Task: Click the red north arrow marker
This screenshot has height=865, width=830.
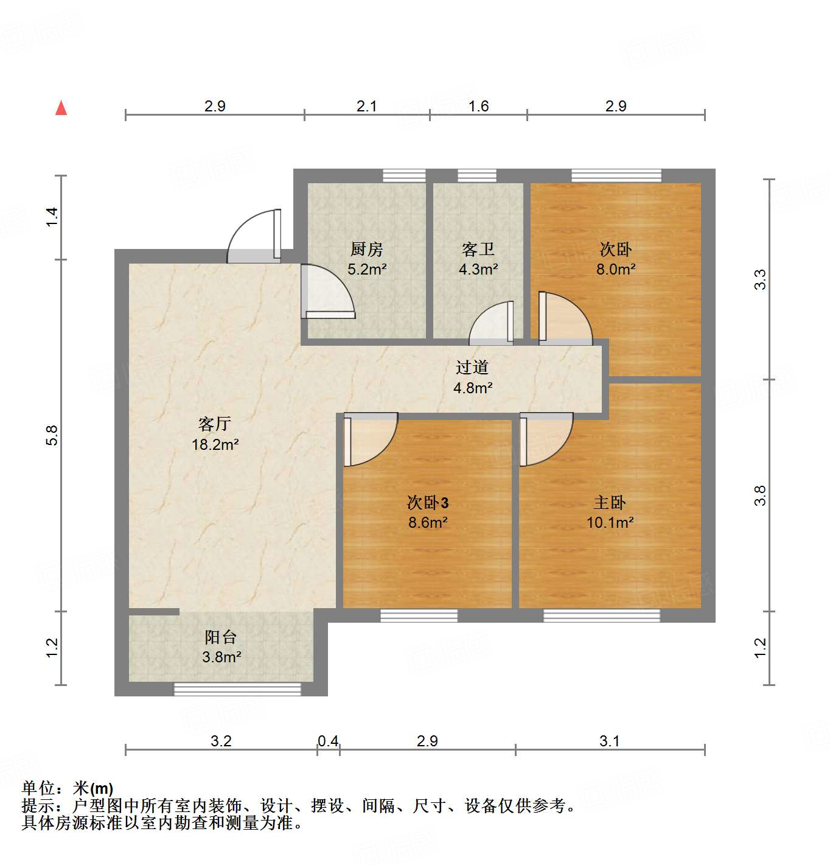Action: [61, 108]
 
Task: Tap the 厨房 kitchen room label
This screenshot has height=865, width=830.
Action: [366, 250]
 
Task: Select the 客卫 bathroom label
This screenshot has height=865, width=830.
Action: [478, 250]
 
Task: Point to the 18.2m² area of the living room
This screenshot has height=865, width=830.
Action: [215, 445]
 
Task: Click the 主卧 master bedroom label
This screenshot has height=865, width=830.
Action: [609, 503]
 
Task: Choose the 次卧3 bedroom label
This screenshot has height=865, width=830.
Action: [428, 503]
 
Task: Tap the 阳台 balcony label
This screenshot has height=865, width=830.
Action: [220, 637]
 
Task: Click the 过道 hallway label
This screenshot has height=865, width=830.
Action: [472, 368]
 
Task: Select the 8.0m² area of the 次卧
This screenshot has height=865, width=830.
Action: [616, 269]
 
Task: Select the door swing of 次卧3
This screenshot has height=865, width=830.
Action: [369, 438]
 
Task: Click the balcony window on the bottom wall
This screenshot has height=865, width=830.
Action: [237, 689]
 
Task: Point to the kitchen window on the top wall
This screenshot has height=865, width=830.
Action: [404, 176]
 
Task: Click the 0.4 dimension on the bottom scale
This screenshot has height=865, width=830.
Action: [328, 741]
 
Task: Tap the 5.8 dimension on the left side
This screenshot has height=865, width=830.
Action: [52, 435]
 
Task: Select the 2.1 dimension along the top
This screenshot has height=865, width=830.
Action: [366, 107]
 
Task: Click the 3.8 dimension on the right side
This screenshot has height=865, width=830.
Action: [760, 496]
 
